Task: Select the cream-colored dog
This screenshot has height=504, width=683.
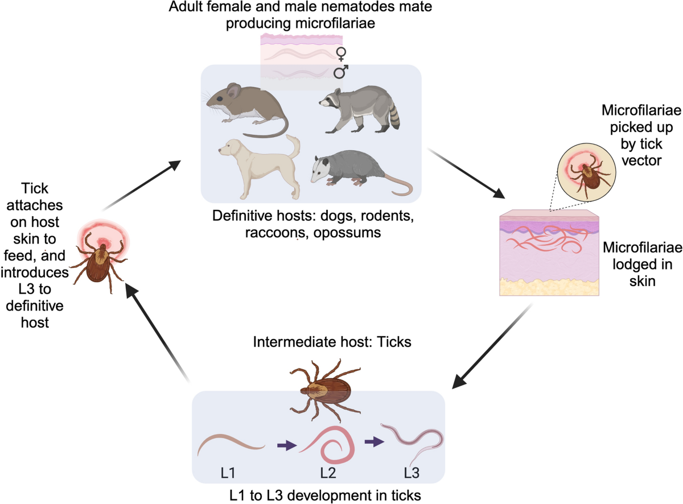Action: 256,165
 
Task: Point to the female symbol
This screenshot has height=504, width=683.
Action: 341,54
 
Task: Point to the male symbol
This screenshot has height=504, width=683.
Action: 341,72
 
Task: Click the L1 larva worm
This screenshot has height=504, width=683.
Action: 231,444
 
